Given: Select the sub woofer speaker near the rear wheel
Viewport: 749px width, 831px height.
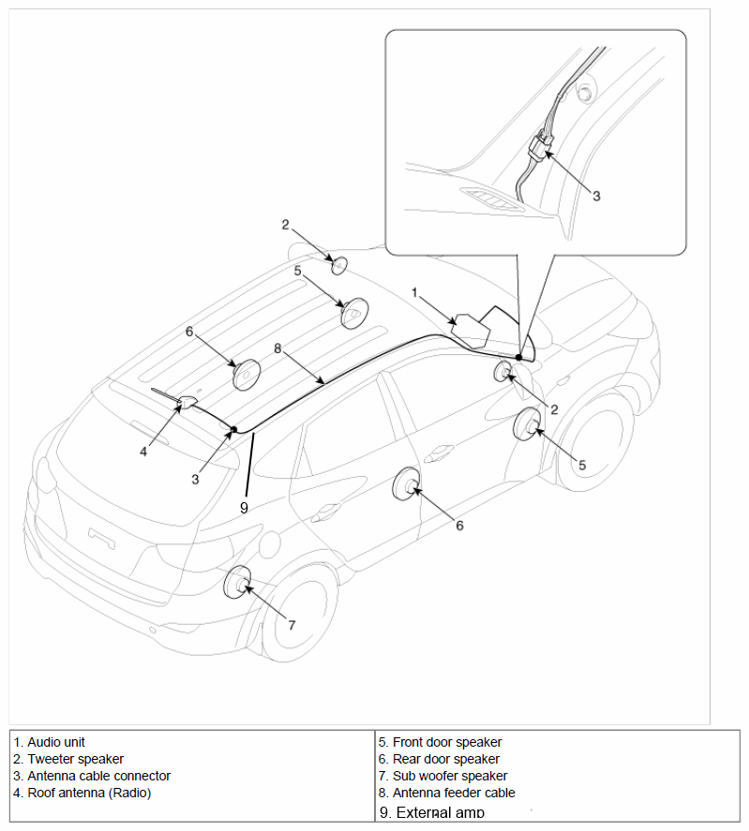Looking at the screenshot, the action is [238, 583].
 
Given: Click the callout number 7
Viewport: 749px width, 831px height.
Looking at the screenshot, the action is [292, 626].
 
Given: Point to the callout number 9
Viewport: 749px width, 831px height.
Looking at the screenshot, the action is [244, 508].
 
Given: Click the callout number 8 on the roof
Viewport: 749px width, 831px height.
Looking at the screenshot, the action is [277, 349].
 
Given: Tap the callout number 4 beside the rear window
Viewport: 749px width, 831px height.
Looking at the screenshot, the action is [143, 452].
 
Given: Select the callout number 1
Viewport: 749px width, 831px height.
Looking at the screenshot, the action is [415, 292].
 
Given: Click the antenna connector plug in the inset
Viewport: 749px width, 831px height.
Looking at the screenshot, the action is [541, 143].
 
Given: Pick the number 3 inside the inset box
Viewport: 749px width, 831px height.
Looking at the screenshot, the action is [596, 196].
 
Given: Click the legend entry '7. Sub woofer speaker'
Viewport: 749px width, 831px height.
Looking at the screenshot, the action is [442, 776].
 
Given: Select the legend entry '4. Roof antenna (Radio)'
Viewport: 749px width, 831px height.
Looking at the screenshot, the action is [82, 793].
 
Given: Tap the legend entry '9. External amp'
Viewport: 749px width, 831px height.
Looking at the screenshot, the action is [432, 812].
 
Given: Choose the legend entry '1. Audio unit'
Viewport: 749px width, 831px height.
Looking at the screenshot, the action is [49, 742].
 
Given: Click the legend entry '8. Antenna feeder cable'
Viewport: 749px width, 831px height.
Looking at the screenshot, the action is [446, 793].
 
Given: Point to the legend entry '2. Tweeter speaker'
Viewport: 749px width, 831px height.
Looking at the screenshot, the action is [68, 759].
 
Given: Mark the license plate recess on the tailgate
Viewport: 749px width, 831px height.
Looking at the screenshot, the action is [102, 538].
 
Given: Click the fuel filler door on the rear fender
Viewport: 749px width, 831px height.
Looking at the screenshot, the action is [271, 545].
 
